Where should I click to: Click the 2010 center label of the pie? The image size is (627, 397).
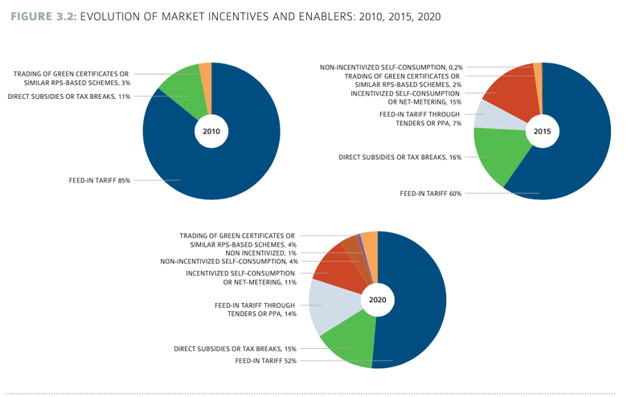(x=211, y=131)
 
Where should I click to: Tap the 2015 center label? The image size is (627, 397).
(x=542, y=131)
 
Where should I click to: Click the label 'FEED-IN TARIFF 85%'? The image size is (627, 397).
(x=100, y=181)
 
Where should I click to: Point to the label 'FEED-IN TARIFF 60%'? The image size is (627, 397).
(x=430, y=194)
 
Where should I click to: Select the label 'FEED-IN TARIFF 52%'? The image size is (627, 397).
(x=265, y=362)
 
